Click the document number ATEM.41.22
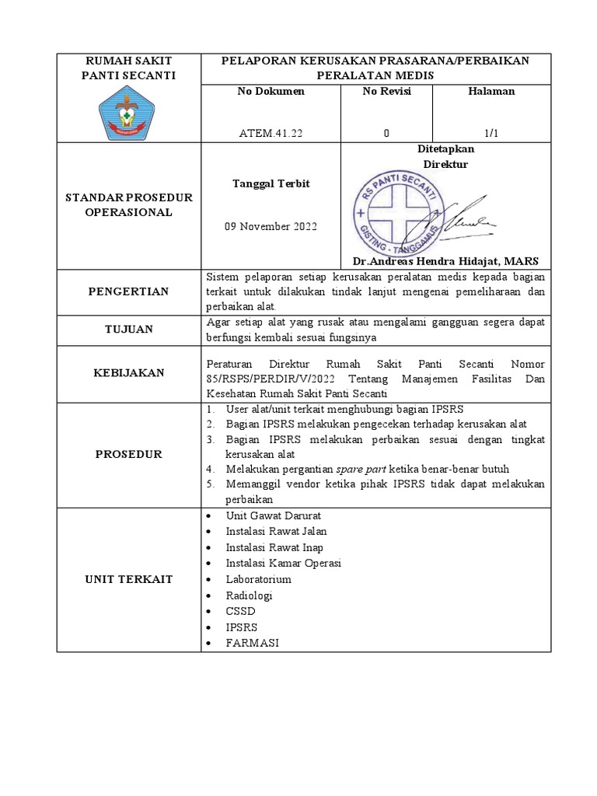tap(271, 133)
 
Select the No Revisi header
tap(386, 92)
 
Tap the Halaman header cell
tap(491, 92)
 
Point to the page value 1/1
tap(491, 133)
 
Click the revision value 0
tap(386, 133)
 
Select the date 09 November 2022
tap(271, 227)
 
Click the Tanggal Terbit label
tap(271, 183)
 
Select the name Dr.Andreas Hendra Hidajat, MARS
tap(445, 261)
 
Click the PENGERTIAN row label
tap(130, 292)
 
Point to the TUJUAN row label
tap(130, 330)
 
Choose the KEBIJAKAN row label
tap(130, 373)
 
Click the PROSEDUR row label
tap(130, 454)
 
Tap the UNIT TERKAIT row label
tap(130, 579)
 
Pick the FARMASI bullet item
tap(252, 643)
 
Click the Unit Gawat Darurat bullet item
tap(273, 515)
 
